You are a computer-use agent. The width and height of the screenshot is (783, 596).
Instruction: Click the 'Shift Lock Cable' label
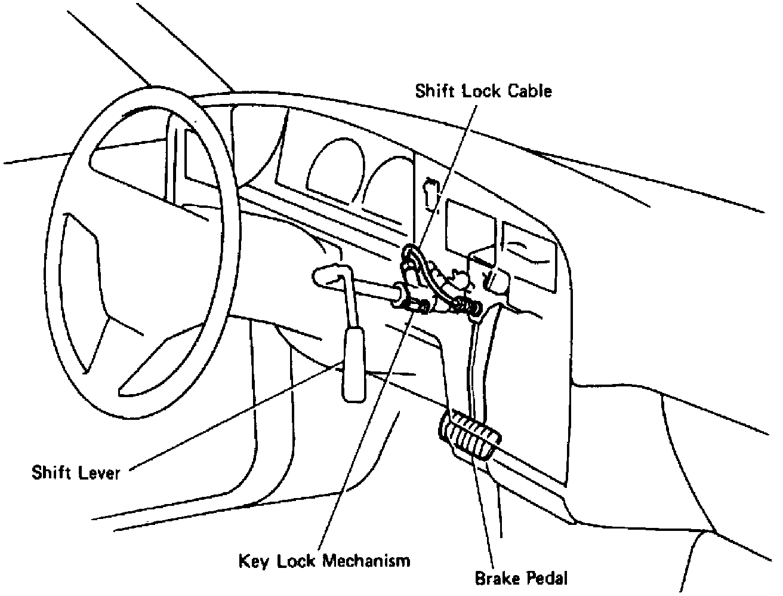(483, 91)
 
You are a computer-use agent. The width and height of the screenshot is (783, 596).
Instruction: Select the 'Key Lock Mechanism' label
(325, 561)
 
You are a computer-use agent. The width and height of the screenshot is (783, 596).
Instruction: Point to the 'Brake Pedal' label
(521, 578)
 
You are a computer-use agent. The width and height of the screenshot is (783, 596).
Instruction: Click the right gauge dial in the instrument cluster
(388, 185)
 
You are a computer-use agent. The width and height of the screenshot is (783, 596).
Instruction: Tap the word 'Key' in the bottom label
(251, 561)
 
